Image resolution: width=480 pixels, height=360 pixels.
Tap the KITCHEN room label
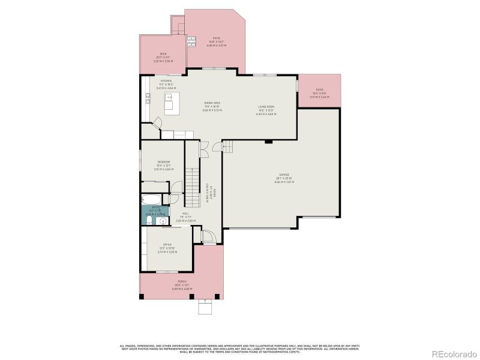click(x=166, y=81)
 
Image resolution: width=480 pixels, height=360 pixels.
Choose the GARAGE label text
click(x=284, y=175)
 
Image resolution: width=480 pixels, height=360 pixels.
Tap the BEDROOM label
click(x=164, y=162)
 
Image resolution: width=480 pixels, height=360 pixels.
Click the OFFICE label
click(x=167, y=245)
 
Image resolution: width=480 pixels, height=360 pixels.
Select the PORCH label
click(x=181, y=281)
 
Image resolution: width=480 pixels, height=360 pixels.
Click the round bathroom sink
click(x=161, y=220)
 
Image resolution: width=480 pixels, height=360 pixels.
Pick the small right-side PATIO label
click(x=319, y=93)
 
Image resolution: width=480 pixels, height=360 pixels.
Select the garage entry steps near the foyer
click(x=228, y=146)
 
